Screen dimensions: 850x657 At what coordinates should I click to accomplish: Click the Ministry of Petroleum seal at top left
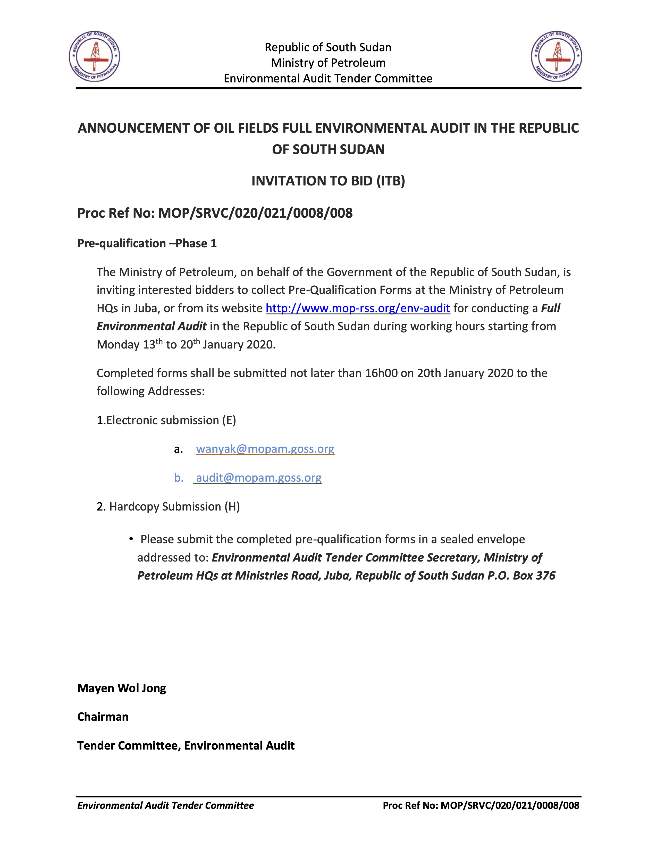pyautogui.click(x=94, y=56)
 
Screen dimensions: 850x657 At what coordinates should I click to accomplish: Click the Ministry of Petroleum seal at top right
pyautogui.click(x=556, y=56)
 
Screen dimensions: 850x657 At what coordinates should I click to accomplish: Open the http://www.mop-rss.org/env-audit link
pyautogui.click(x=358, y=308)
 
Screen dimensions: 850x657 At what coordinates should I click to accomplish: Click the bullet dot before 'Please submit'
pyautogui.click(x=132, y=539)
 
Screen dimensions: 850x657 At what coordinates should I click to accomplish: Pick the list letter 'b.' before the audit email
pyautogui.click(x=179, y=478)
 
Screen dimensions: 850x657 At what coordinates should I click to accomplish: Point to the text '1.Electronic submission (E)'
pyautogui.click(x=166, y=420)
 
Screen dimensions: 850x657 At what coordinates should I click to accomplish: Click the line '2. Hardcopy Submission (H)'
pyautogui.click(x=168, y=506)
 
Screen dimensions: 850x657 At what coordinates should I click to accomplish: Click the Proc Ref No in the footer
pyautogui.click(x=481, y=805)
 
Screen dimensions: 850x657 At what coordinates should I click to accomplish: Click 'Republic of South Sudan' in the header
pyautogui.click(x=328, y=47)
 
